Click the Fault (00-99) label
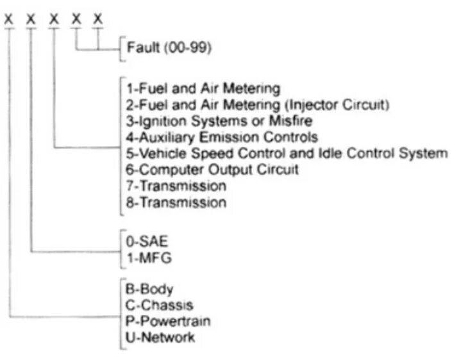click(x=169, y=48)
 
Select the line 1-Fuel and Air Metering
click(x=203, y=88)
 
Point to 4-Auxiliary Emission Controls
click(x=222, y=136)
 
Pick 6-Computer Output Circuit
click(x=212, y=170)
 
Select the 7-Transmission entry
click(x=176, y=186)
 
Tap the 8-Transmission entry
click(x=176, y=203)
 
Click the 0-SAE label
click(x=144, y=243)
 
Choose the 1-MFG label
click(x=145, y=259)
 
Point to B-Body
click(x=150, y=289)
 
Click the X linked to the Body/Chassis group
click(x=9, y=20)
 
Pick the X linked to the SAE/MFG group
click(x=31, y=20)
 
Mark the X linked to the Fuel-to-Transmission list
click(x=54, y=20)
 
